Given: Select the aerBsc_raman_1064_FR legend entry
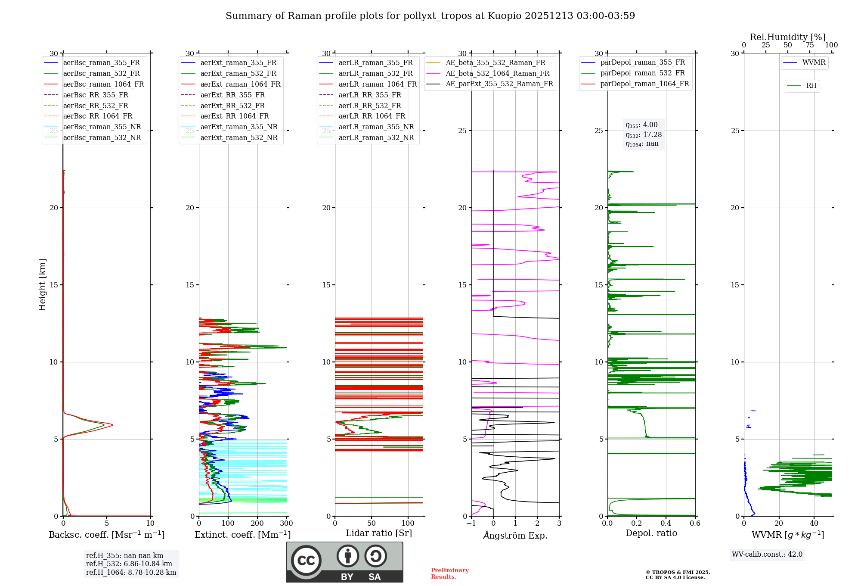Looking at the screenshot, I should point(103,84).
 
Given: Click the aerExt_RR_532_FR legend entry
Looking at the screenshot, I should point(232,106).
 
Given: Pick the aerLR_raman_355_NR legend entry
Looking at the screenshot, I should point(376,127).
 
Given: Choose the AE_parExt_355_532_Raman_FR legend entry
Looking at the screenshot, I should point(499,84).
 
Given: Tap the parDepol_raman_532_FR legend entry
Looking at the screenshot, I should point(642,73).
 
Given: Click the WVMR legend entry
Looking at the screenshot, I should point(813,62).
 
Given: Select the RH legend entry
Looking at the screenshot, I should point(811,86).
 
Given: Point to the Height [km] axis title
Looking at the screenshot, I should point(42,284).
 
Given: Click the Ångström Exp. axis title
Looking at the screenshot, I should point(515,535).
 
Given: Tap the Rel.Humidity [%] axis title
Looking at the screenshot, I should point(787,37).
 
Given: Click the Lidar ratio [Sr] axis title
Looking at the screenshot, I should point(379,533).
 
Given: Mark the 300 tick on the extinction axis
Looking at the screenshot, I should point(286,524).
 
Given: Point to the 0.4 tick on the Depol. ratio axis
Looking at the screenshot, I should point(666,524).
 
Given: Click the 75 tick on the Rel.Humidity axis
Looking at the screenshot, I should point(810,45).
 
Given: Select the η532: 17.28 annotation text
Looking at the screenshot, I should point(644,135).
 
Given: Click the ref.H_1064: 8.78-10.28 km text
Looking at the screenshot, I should point(131,572).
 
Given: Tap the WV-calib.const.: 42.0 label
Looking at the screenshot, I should point(767,554).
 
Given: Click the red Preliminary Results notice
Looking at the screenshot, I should point(449,573).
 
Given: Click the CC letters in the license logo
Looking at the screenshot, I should point(306,560).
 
